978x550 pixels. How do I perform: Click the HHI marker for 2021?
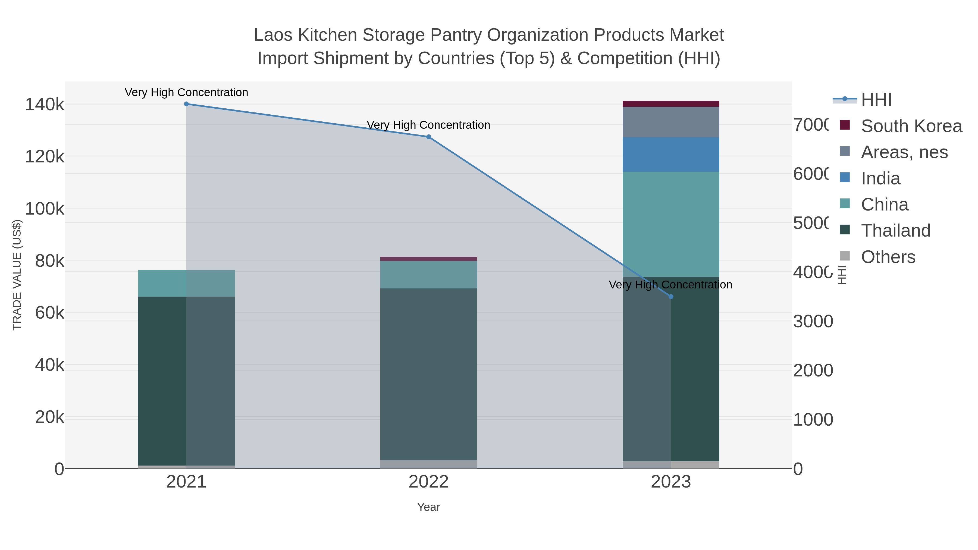coord(186,104)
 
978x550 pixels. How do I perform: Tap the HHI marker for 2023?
coord(670,296)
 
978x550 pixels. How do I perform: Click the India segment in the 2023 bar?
coord(670,155)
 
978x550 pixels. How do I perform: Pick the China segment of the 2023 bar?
coord(670,224)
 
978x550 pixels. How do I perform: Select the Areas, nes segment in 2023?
coord(670,122)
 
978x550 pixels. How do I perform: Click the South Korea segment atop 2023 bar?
coord(670,104)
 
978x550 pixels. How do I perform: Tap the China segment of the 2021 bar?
coord(186,283)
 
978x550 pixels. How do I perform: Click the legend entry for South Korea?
coord(911,126)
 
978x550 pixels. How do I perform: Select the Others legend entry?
coord(888,257)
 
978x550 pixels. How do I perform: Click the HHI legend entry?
coord(876,100)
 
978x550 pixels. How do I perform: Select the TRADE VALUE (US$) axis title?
coord(17,275)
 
